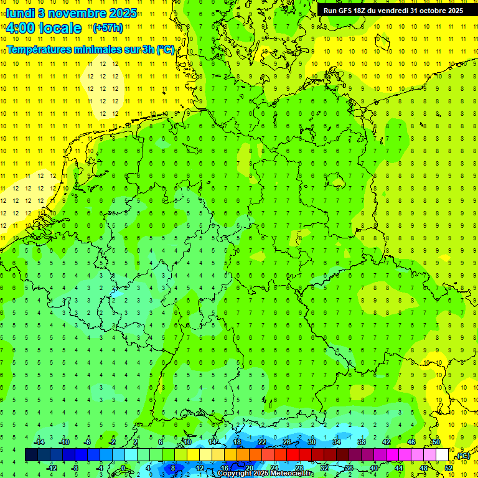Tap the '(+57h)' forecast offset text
coord(107,28)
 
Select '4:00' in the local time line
coord(22,28)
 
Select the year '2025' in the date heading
coord(122,13)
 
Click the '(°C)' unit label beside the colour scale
coord(462,456)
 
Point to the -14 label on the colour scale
coord(40,442)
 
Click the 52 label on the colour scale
coord(449,467)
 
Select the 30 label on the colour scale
coord(311,442)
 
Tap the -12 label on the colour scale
coord(53,467)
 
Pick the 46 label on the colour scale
coord(411,442)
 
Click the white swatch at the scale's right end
coord(443,454)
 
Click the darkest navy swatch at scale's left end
coord(31,454)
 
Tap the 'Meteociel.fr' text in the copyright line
coord(291,474)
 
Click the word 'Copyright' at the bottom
coord(236,474)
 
